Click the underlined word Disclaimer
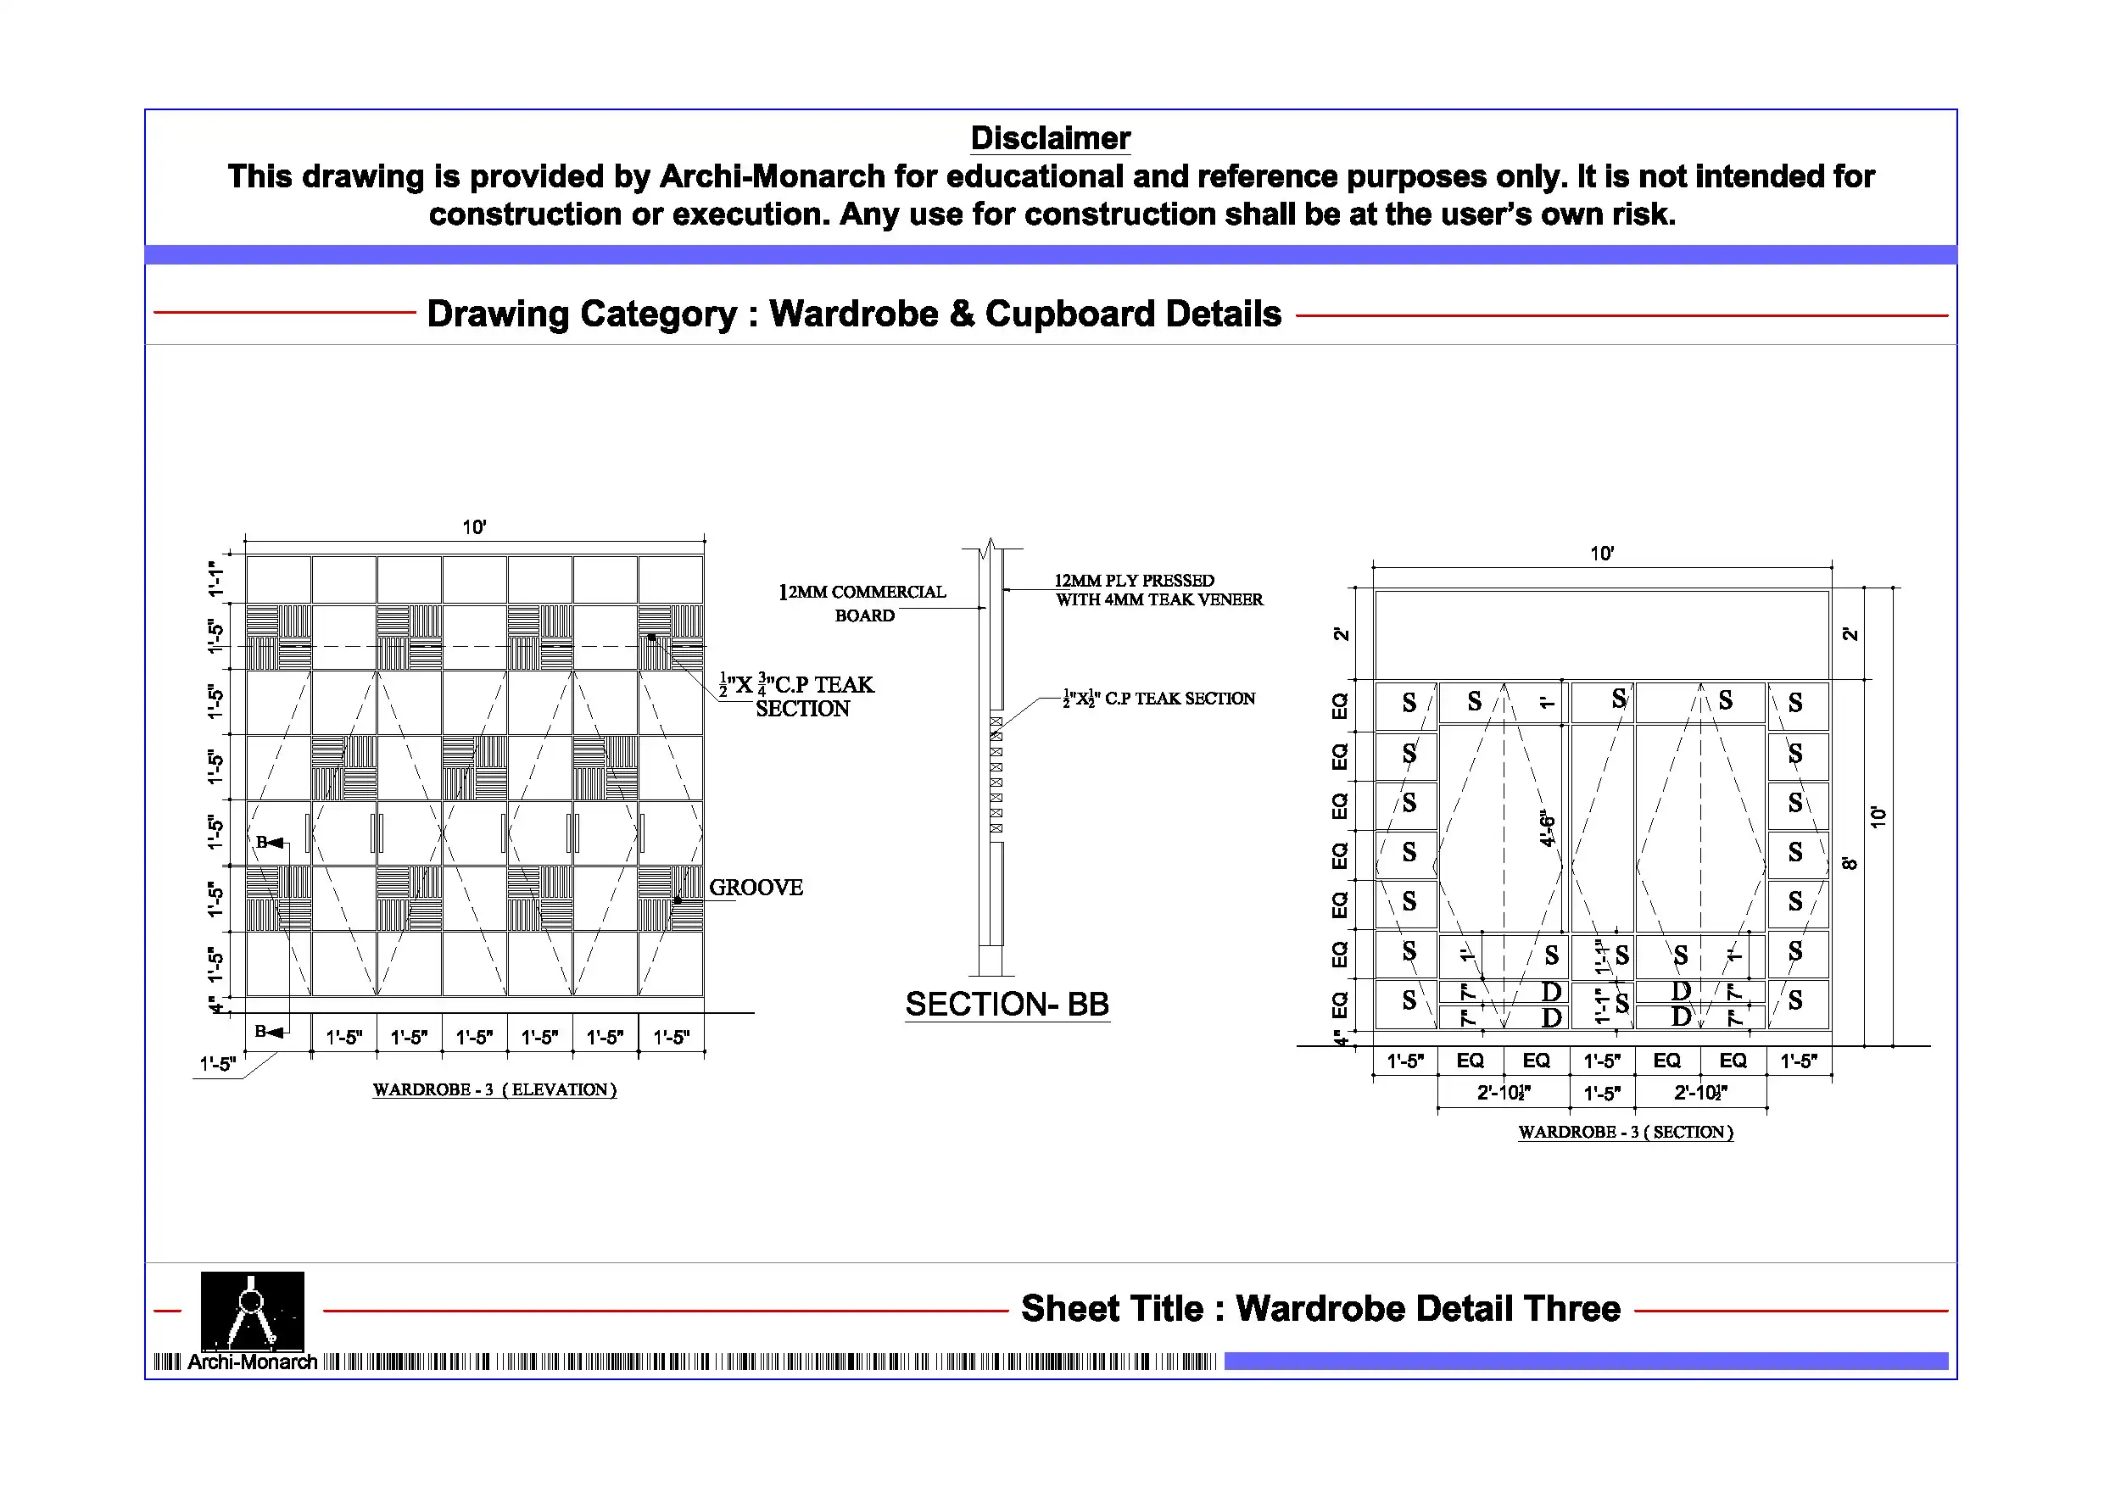pyautogui.click(x=1050, y=138)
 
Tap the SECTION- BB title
pyautogui.click(x=1007, y=1004)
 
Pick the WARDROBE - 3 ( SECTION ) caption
pyautogui.click(x=1626, y=1132)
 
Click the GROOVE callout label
pyautogui.click(x=756, y=887)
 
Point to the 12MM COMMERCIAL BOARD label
pyautogui.click(x=863, y=603)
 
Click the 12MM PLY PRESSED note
pyautogui.click(x=1135, y=580)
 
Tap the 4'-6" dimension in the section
pyautogui.click(x=1547, y=828)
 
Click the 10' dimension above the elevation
pyautogui.click(x=474, y=526)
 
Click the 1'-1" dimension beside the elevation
pyautogui.click(x=215, y=579)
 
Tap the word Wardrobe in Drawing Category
pyautogui.click(x=853, y=314)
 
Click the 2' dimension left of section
pyautogui.click(x=1341, y=634)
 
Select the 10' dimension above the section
pyautogui.click(x=1602, y=554)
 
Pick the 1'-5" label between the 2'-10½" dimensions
pyautogui.click(x=1602, y=1093)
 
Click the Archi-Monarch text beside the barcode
pyautogui.click(x=252, y=1362)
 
